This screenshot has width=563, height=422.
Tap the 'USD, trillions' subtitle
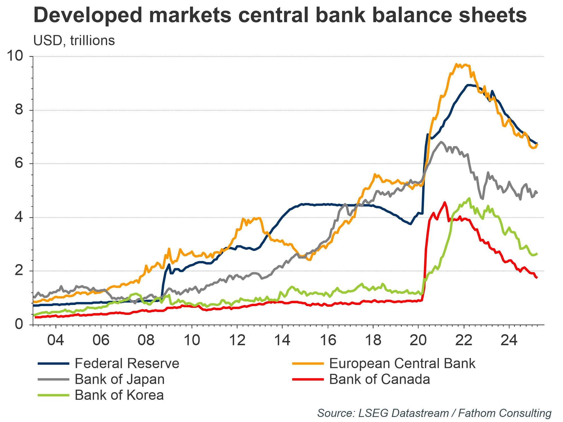click(74, 41)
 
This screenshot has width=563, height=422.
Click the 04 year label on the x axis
click(55, 340)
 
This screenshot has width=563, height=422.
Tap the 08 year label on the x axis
click(146, 340)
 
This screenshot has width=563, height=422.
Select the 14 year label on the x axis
click(282, 340)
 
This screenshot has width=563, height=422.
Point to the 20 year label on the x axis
click(418, 340)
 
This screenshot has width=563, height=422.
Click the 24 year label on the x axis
click(509, 340)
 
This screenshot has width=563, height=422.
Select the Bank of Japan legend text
click(120, 380)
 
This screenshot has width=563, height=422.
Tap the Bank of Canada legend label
click(379, 380)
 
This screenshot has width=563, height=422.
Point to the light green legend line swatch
click(53, 395)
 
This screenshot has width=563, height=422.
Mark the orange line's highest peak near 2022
click(456, 64)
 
